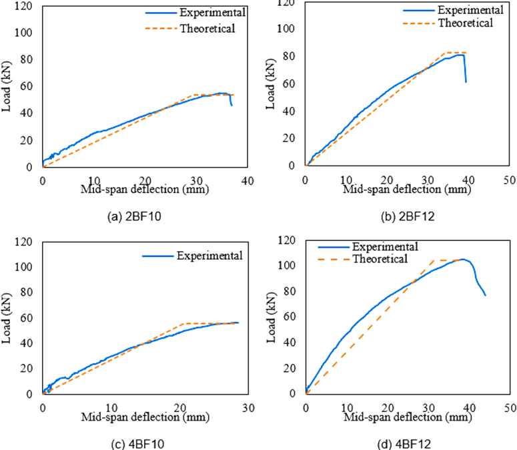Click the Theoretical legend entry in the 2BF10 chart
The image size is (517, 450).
click(x=207, y=28)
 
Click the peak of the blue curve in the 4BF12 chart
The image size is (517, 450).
click(x=463, y=259)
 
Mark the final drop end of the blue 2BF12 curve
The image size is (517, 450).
click(x=466, y=82)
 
